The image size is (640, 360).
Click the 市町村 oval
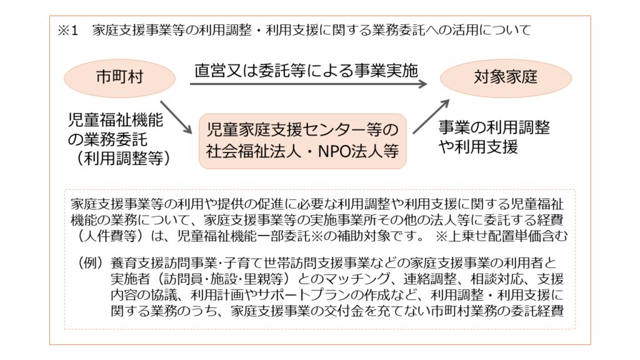(x=119, y=78)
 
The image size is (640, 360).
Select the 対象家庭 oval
(x=506, y=78)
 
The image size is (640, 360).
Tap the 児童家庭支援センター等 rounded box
(x=302, y=141)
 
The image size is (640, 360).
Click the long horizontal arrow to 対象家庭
(x=308, y=84)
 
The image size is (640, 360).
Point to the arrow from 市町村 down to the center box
(x=176, y=117)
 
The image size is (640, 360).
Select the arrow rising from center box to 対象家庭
(x=431, y=116)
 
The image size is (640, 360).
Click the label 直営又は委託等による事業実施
(x=306, y=71)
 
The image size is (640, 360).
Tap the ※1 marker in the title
(x=67, y=30)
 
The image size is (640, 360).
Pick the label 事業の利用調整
(x=494, y=127)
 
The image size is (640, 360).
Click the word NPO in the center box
(x=334, y=151)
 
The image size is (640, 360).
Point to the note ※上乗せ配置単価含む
(x=501, y=236)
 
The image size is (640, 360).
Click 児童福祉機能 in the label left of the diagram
(x=116, y=121)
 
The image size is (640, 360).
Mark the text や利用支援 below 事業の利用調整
(x=478, y=146)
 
